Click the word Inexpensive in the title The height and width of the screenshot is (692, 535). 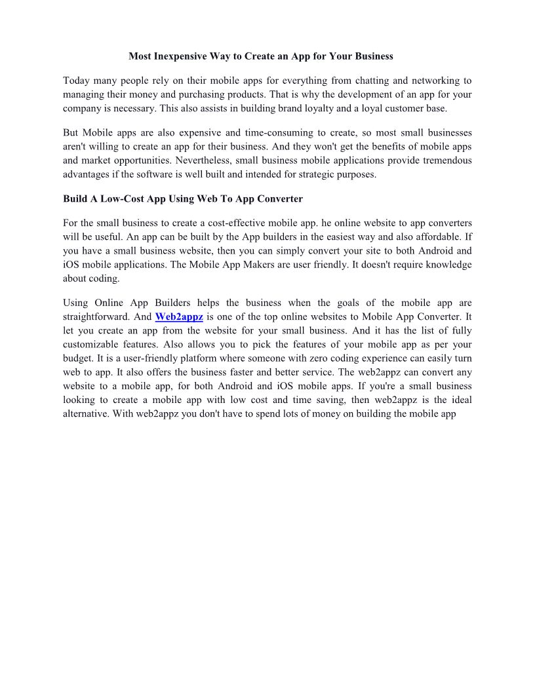pos(180,56)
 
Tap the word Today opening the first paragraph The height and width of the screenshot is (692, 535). pos(76,81)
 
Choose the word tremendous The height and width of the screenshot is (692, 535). pos(440,161)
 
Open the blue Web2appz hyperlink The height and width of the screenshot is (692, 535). pos(179,317)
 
